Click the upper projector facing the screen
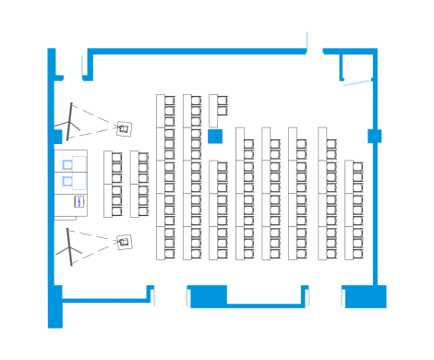click(x=122, y=125)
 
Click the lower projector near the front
click(x=123, y=242)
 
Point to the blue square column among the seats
click(x=215, y=137)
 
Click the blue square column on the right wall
click(x=374, y=137)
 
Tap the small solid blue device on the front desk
click(x=79, y=201)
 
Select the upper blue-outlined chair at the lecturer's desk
click(x=66, y=164)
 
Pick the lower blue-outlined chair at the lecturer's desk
click(x=66, y=183)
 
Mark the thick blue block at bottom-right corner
click(x=364, y=296)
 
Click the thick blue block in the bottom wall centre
click(x=208, y=296)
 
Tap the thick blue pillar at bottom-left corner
click(x=55, y=306)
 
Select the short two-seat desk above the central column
click(x=219, y=105)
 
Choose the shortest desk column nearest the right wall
click(x=354, y=210)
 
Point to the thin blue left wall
click(x=50, y=185)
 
